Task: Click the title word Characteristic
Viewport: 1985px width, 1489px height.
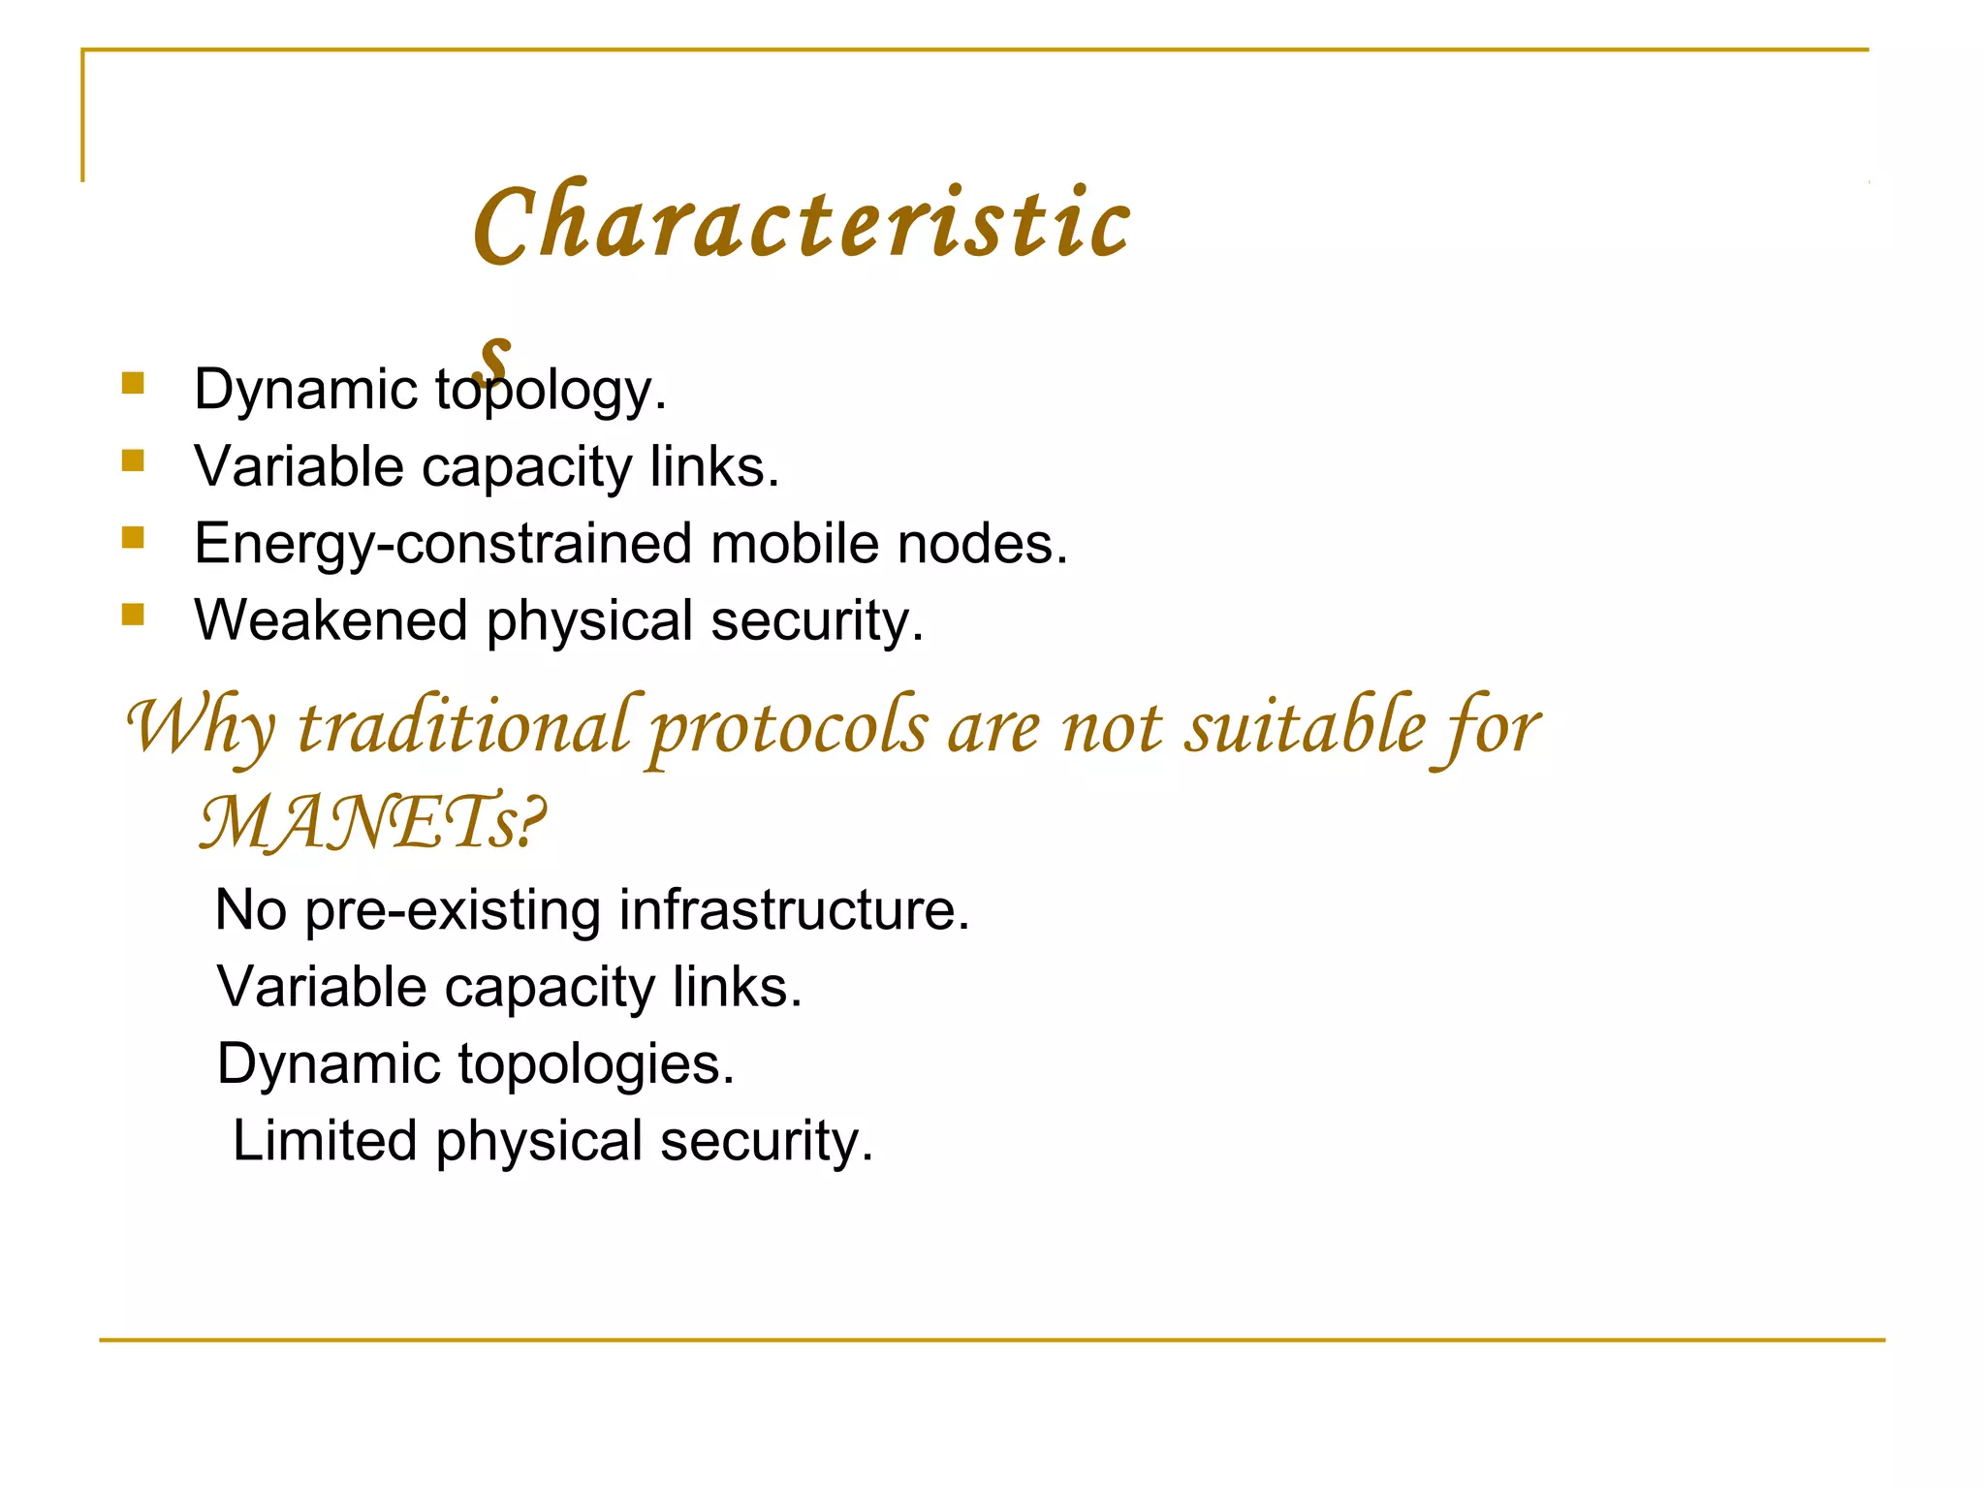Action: pos(802,223)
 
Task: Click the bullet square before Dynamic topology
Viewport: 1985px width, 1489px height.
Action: pos(133,383)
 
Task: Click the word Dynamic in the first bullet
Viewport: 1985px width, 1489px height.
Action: pos(305,390)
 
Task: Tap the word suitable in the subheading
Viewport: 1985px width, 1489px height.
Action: pos(1306,727)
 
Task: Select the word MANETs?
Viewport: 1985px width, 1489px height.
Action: pos(372,823)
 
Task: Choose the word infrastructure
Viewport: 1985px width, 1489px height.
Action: pos(794,910)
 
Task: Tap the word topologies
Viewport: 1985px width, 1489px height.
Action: pos(596,1064)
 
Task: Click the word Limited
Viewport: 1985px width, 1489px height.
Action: pos(325,1141)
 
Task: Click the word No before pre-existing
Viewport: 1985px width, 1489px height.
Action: pos(250,910)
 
